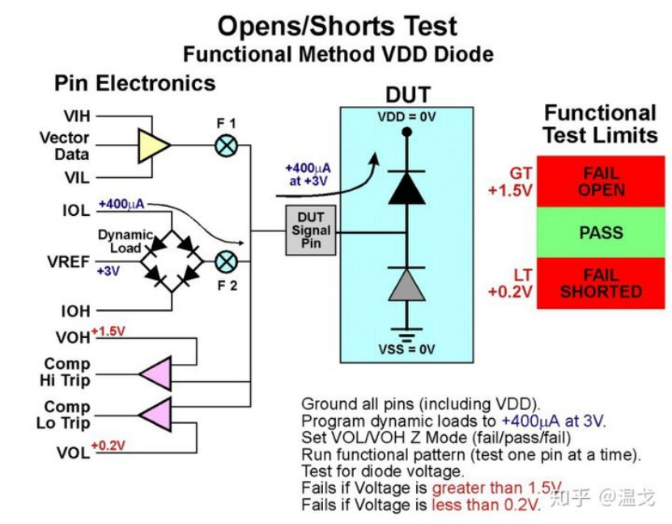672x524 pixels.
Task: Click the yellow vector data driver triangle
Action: point(154,146)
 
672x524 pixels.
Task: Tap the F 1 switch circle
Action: point(224,146)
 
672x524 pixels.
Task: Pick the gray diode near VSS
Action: point(407,285)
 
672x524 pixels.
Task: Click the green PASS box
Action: point(601,233)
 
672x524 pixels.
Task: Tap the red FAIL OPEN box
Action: point(601,182)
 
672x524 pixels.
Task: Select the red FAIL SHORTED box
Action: point(601,283)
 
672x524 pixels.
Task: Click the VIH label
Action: point(77,117)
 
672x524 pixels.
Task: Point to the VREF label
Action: point(70,263)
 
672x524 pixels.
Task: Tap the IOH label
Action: point(74,311)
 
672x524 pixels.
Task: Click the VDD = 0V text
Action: point(406,117)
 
